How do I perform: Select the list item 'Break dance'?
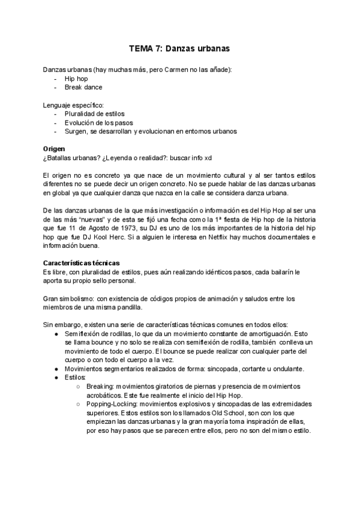[x=83, y=87]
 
